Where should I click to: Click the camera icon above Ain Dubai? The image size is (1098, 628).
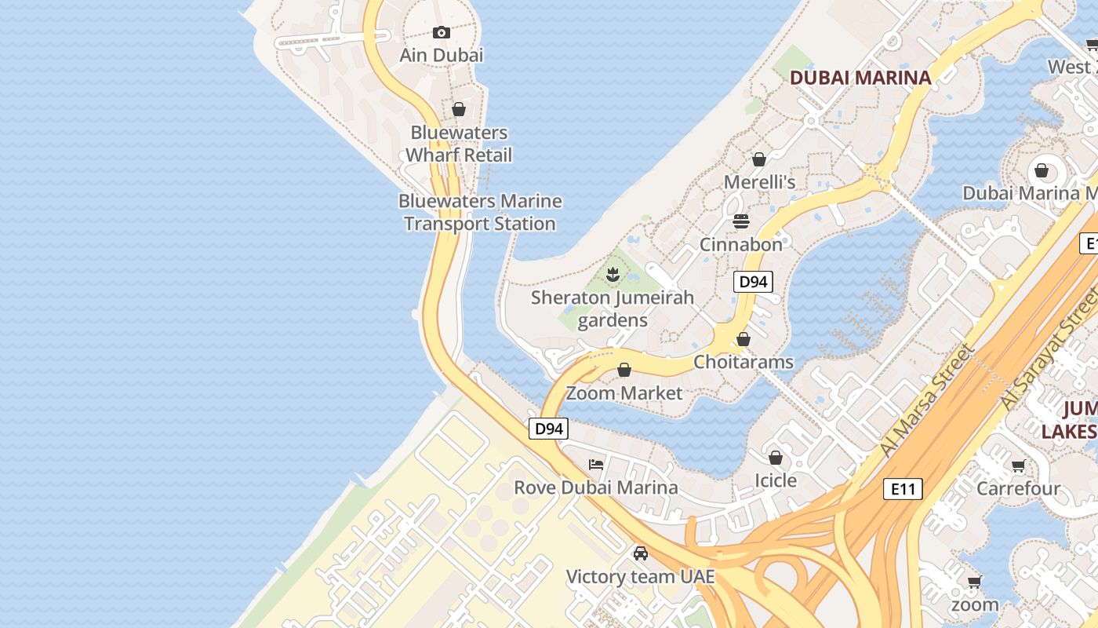pyautogui.click(x=442, y=32)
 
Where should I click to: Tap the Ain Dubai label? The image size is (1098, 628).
pyautogui.click(x=442, y=55)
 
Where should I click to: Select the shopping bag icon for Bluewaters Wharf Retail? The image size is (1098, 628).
pyautogui.click(x=459, y=109)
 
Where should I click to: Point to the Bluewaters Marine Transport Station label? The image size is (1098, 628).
pyautogui.click(x=480, y=213)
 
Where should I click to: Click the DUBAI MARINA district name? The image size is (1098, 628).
pyautogui.click(x=860, y=78)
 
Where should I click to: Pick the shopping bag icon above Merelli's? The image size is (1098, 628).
pyautogui.click(x=758, y=159)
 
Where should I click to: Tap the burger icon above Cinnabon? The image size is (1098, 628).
pyautogui.click(x=741, y=221)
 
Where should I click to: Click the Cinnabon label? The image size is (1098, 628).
pyautogui.click(x=741, y=244)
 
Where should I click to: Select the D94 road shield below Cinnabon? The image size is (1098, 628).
pyautogui.click(x=753, y=282)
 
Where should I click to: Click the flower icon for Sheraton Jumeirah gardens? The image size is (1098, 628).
pyautogui.click(x=613, y=274)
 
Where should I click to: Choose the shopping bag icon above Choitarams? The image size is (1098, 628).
pyautogui.click(x=744, y=339)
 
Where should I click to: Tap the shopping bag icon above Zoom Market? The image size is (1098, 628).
pyautogui.click(x=624, y=370)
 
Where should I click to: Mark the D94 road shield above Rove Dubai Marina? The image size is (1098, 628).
pyautogui.click(x=548, y=429)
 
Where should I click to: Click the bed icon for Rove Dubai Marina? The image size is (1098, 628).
pyautogui.click(x=596, y=464)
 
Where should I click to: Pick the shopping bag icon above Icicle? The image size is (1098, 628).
pyautogui.click(x=776, y=457)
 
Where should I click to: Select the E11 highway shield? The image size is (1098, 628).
pyautogui.click(x=903, y=489)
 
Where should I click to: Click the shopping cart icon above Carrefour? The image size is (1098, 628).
pyautogui.click(x=1018, y=466)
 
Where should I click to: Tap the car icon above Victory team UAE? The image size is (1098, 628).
pyautogui.click(x=641, y=553)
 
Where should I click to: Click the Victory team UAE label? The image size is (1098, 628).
pyautogui.click(x=641, y=577)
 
